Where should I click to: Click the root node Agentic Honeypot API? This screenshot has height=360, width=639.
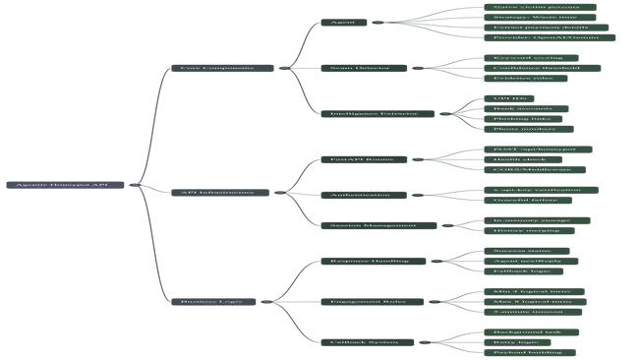[x=61, y=185]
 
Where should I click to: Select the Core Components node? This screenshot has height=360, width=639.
[x=216, y=68]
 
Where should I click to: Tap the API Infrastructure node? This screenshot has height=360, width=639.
[x=217, y=192]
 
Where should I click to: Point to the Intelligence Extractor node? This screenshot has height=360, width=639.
[x=374, y=113]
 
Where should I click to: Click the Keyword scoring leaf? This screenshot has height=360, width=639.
[x=528, y=58]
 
